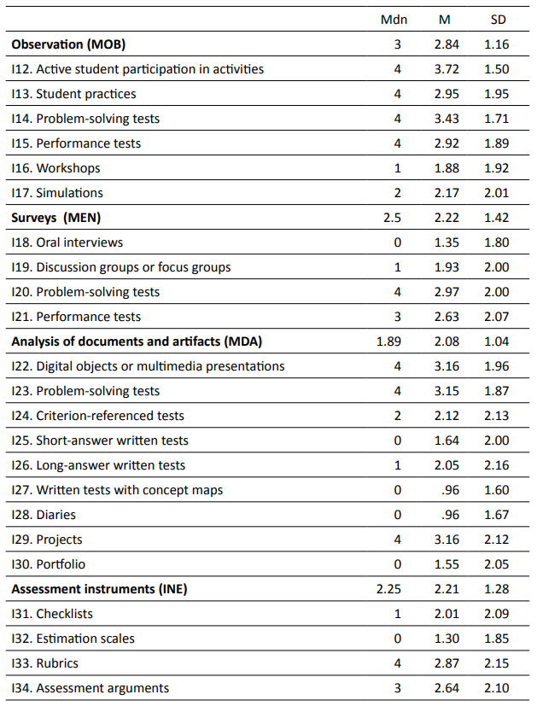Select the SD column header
tap(497, 20)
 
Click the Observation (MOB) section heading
tap(68, 44)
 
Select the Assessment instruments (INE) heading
tap(99, 589)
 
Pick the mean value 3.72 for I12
tap(447, 69)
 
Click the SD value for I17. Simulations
tap(496, 193)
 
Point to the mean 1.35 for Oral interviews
tap(447, 242)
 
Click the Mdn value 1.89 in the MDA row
tap(388, 341)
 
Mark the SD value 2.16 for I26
tap(496, 465)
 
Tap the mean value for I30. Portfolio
tap(447, 564)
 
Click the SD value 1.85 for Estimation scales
tap(496, 639)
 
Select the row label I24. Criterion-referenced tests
tap(97, 416)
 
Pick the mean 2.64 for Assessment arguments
tap(447, 688)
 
